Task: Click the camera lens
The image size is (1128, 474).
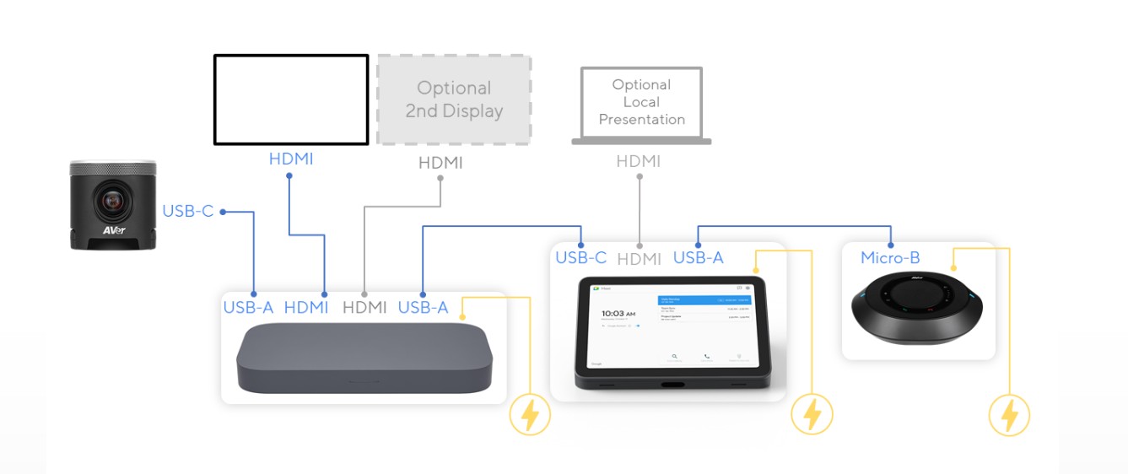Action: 112,202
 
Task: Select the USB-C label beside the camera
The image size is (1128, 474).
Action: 188,211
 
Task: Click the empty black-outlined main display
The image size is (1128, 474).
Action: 291,100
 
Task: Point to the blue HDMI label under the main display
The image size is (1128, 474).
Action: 291,159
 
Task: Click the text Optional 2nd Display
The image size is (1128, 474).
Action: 454,100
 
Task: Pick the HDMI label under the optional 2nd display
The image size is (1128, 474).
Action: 440,163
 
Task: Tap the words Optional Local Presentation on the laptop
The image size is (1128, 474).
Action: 641,102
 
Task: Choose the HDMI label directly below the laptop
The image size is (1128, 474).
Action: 639,161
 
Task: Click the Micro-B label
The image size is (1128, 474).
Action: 890,257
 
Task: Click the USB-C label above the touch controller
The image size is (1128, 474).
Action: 580,258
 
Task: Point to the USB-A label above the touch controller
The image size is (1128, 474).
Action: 698,258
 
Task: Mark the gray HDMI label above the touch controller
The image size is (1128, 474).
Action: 639,259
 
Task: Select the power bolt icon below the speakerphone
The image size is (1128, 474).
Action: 1009,415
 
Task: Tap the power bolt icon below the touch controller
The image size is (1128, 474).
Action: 812,414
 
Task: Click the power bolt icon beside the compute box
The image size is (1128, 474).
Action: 530,414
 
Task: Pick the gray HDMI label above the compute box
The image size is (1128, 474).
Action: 364,308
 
